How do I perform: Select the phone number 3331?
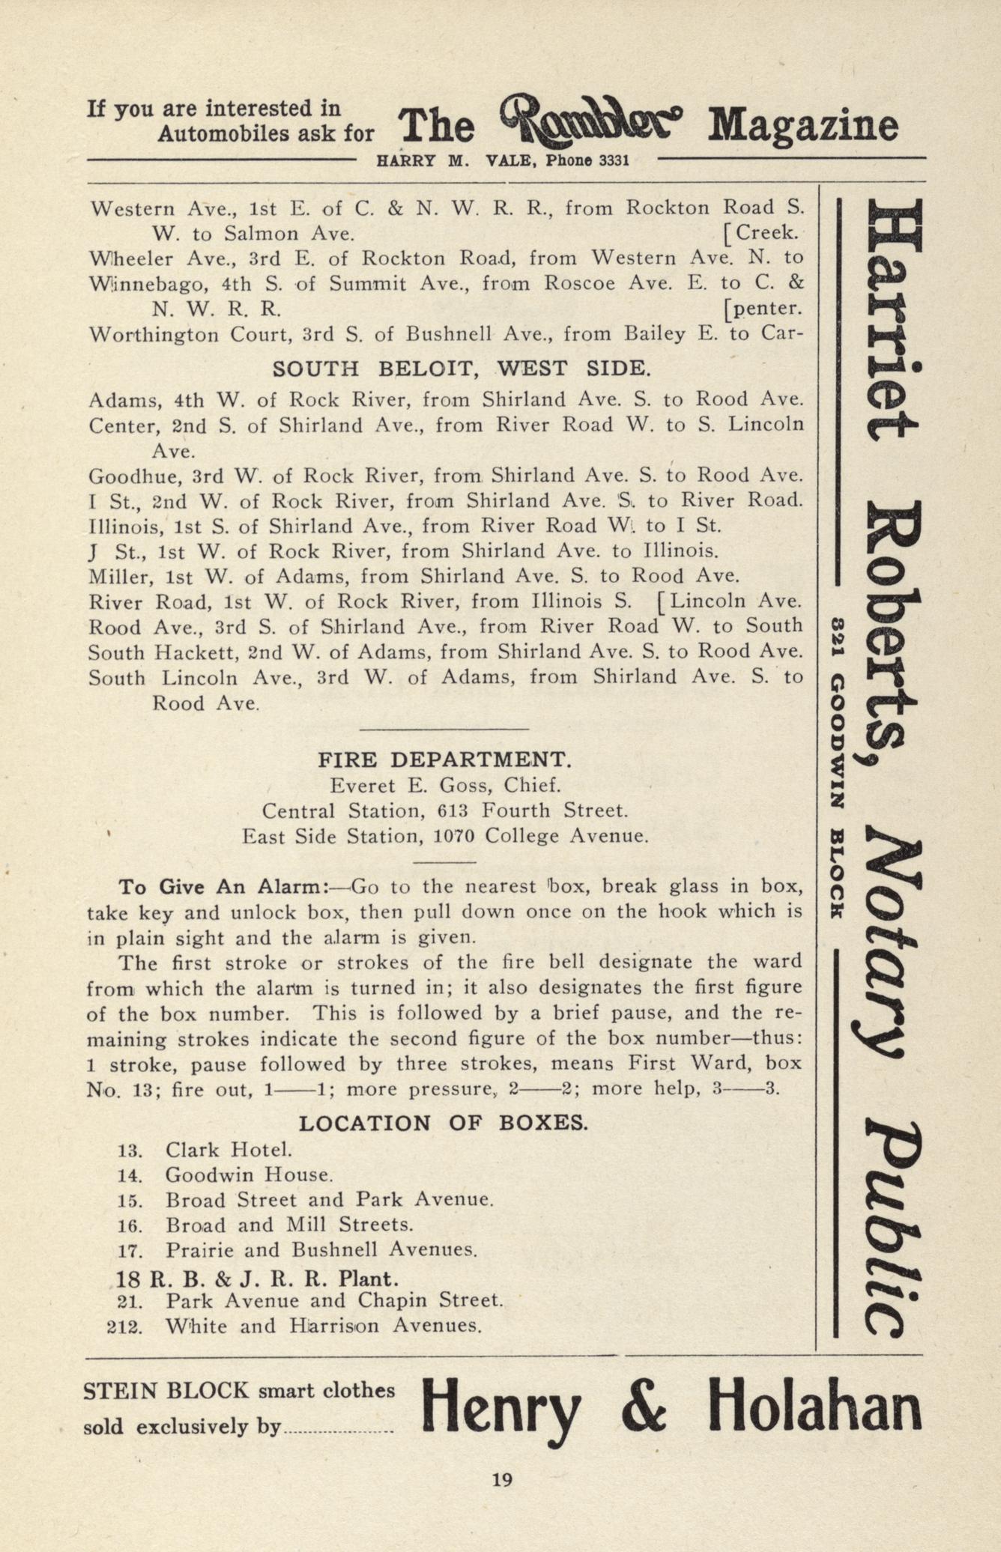(x=608, y=160)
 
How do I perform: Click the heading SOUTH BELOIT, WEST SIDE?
(x=461, y=369)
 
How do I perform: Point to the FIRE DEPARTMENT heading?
(x=445, y=760)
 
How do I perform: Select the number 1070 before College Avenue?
(x=453, y=836)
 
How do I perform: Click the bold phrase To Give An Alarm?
(x=223, y=887)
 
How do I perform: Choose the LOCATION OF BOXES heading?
(x=444, y=1124)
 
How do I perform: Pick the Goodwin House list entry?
(x=249, y=1175)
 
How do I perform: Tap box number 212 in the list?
(x=125, y=1327)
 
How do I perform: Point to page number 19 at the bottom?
(x=501, y=1479)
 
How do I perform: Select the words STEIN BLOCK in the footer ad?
(x=166, y=1391)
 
